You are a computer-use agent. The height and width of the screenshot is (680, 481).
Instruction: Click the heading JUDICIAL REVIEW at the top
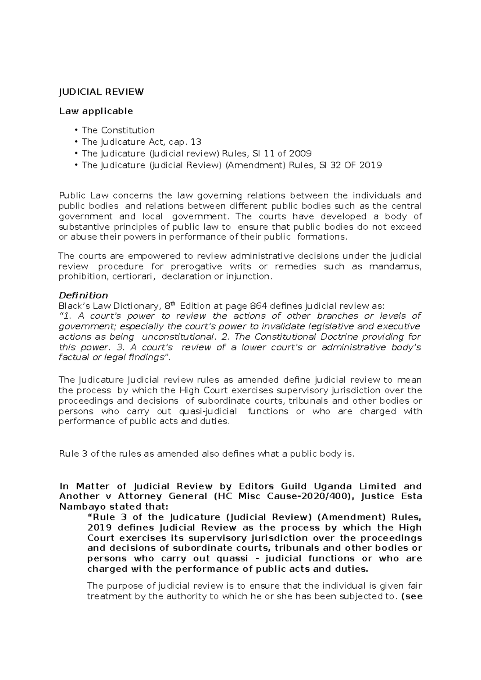point(101,92)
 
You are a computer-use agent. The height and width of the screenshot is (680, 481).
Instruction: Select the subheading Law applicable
point(96,111)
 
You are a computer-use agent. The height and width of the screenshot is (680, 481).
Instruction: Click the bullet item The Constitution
point(118,130)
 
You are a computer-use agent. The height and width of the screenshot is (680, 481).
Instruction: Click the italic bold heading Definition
point(83,295)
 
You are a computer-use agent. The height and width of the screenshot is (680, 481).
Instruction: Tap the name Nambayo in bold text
point(79,506)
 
